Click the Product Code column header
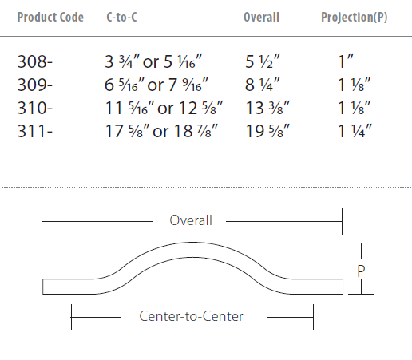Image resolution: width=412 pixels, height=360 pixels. tap(50, 18)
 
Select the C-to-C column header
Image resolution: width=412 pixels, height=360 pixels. tap(121, 18)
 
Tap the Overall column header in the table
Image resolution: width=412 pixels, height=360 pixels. tap(261, 18)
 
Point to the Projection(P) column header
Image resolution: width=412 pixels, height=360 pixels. tap(355, 18)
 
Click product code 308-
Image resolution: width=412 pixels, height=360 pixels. tap(35, 61)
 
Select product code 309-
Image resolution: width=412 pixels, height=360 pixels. tap(35, 85)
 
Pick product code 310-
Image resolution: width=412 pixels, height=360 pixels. tap(35, 108)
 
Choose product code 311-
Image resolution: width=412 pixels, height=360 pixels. tap(35, 131)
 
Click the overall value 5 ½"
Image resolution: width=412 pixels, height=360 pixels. tap(263, 61)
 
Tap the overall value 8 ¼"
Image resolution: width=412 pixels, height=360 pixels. tap(263, 85)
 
